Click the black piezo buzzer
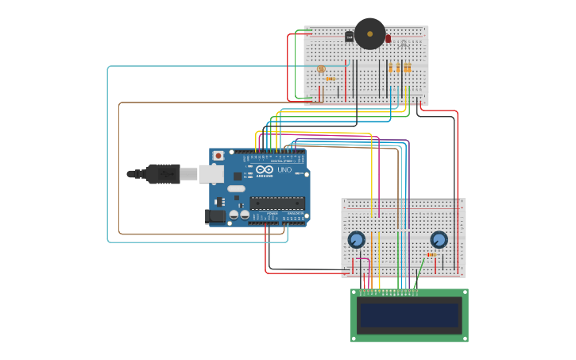[369, 33]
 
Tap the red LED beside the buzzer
[389, 38]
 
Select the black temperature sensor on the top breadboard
[349, 37]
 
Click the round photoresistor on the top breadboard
[321, 69]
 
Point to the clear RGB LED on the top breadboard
[404, 43]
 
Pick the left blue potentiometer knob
[356, 239]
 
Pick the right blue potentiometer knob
[439, 239]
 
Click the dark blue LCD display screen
[409, 315]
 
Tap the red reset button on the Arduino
[218, 157]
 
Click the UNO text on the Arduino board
[284, 170]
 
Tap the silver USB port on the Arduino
[211, 174]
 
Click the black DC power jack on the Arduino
[215, 215]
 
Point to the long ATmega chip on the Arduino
[277, 203]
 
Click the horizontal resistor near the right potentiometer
[431, 255]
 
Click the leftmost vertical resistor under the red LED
[390, 68]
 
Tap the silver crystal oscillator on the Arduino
[236, 189]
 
